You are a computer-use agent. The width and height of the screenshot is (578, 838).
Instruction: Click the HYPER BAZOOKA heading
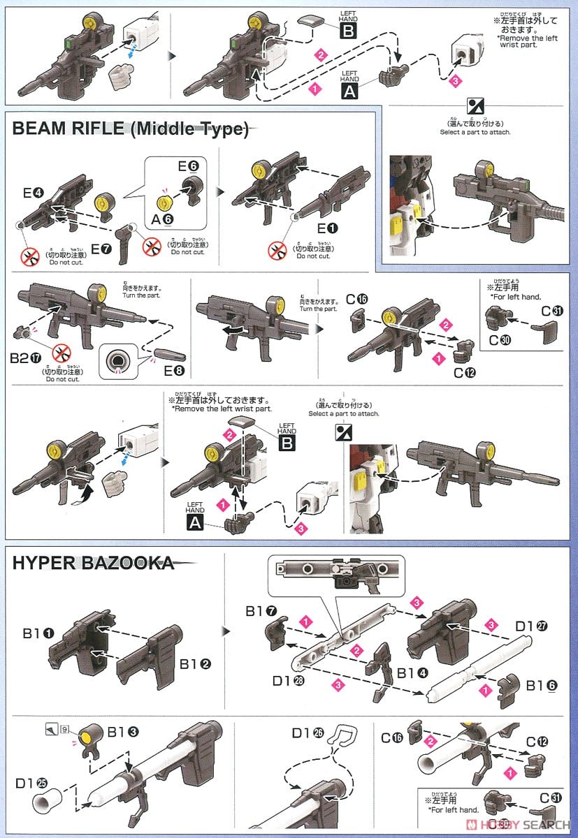coord(94,563)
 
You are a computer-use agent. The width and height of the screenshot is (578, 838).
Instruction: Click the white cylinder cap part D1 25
coord(48,802)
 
